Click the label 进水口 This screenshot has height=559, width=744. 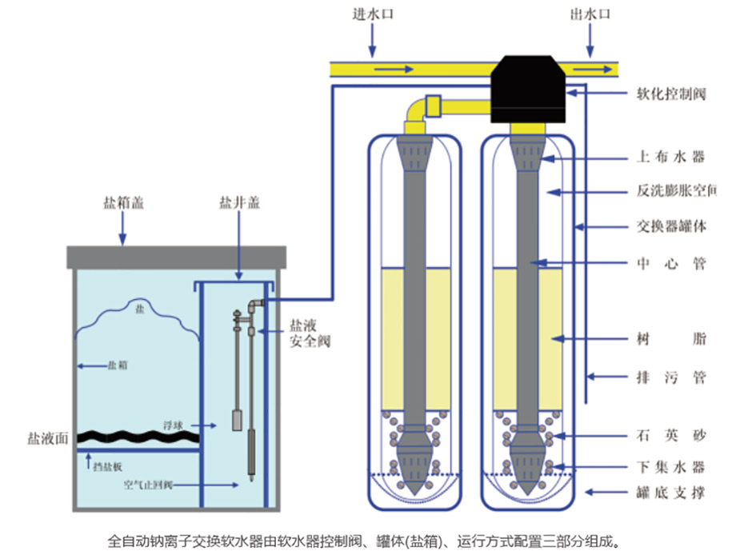[372, 14]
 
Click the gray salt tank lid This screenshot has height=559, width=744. [176, 257]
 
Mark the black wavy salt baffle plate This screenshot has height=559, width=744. [136, 436]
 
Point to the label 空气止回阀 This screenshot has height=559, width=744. [148, 484]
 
